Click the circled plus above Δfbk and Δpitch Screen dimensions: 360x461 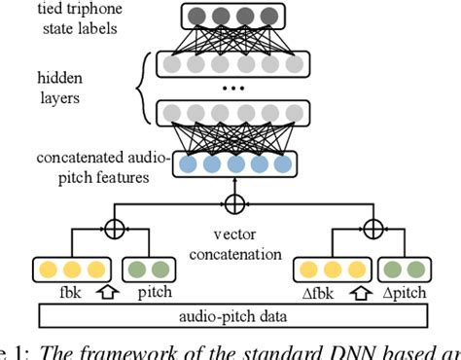click(x=371, y=231)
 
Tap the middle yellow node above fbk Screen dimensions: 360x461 click(x=70, y=270)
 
